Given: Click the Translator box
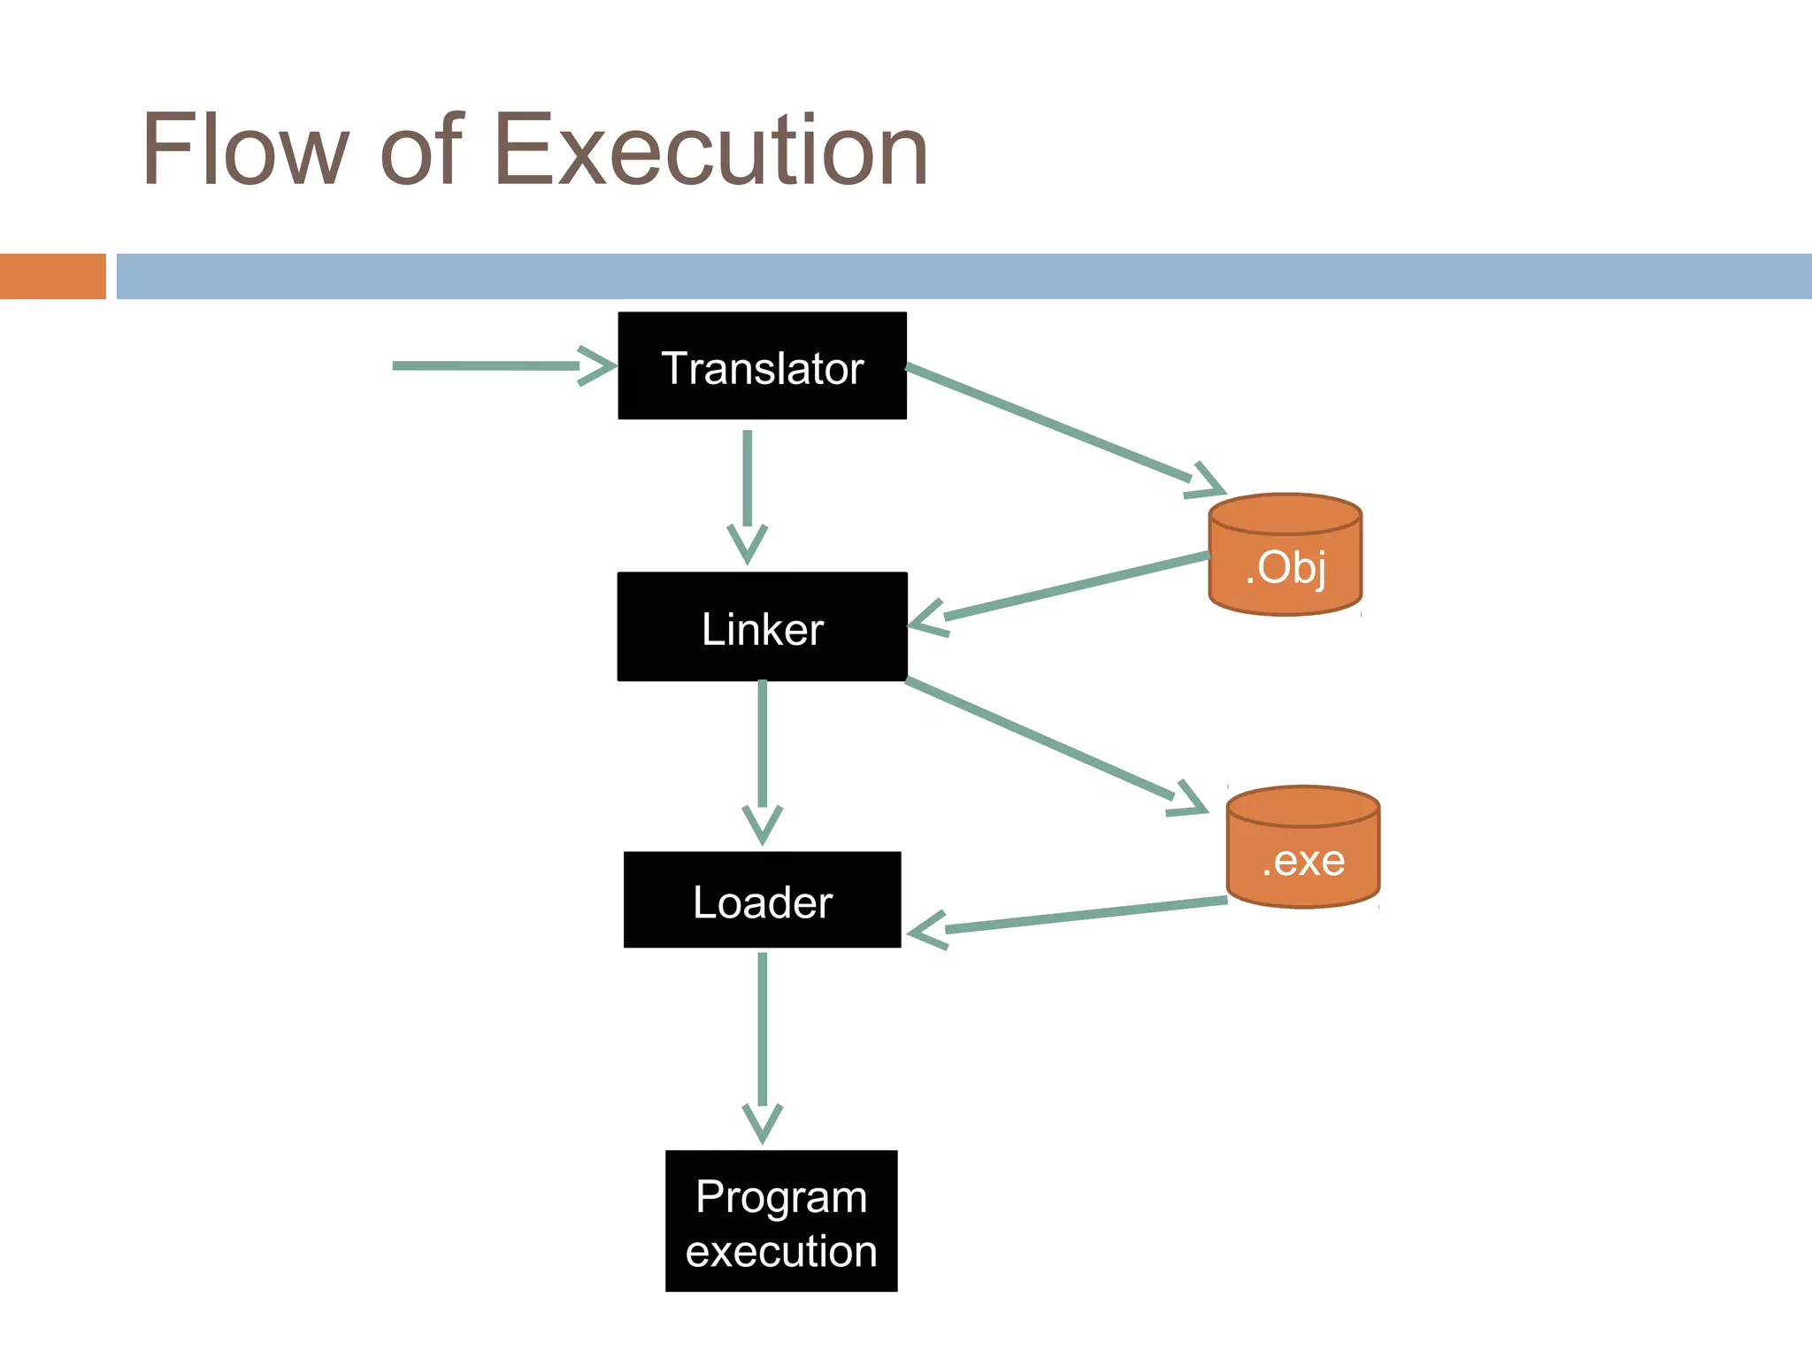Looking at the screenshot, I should (x=762, y=365).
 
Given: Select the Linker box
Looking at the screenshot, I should (x=762, y=626).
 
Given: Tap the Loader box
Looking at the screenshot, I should (x=762, y=900).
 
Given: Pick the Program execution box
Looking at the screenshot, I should (x=781, y=1221).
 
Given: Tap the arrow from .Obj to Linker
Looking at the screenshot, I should (x=1062, y=588).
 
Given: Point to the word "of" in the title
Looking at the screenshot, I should (x=421, y=150).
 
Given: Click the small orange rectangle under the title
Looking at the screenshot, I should (x=52, y=276).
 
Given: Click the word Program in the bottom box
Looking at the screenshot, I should (x=781, y=1196).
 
